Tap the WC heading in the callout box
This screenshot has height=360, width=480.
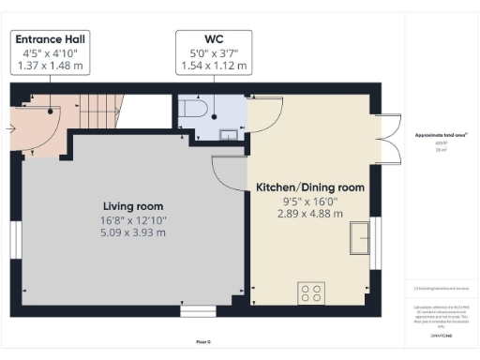[213, 39]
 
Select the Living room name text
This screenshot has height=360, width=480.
[133, 206]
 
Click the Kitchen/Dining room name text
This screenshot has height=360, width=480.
[309, 187]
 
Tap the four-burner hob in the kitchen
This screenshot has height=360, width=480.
[311, 292]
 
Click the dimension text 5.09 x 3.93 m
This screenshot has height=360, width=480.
[133, 234]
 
